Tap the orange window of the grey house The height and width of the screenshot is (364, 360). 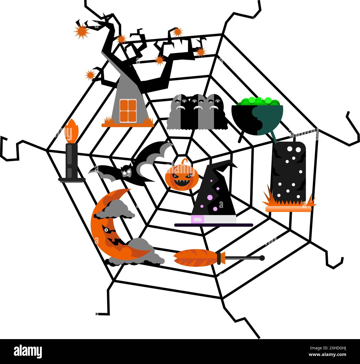pyautogui.click(x=128, y=111)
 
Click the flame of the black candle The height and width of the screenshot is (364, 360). pyautogui.click(x=71, y=131)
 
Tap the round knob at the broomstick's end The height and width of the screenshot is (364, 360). pyautogui.click(x=262, y=258)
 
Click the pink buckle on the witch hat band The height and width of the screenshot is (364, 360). pyautogui.click(x=198, y=219)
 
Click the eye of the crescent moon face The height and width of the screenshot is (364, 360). pyautogui.click(x=106, y=230)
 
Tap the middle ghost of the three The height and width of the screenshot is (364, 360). pyautogui.click(x=197, y=112)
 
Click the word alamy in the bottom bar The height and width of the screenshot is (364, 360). pyautogui.click(x=28, y=351)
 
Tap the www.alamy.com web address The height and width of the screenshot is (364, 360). pyautogui.click(x=328, y=354)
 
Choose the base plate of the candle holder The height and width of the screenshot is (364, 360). pyautogui.click(x=72, y=180)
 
